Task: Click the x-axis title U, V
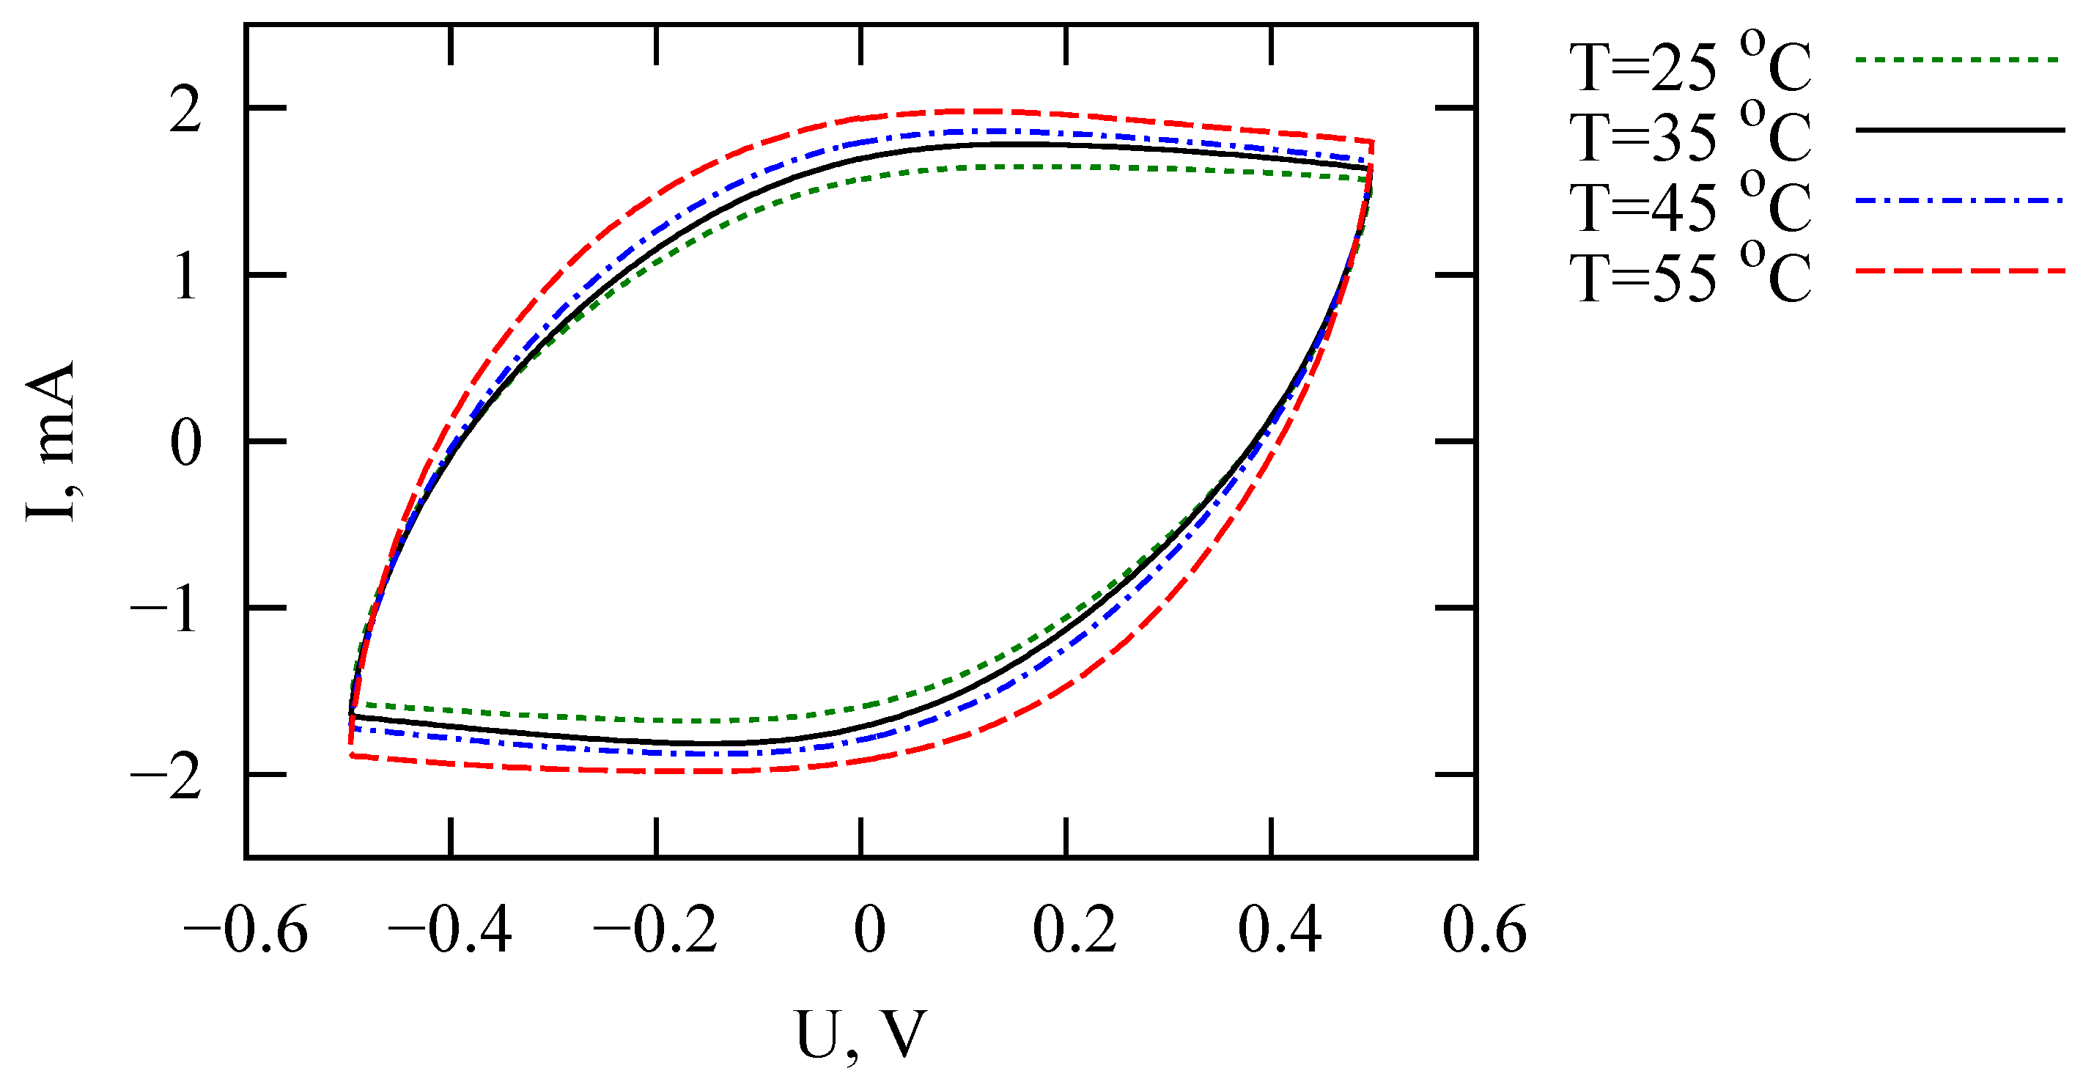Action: pos(860,1035)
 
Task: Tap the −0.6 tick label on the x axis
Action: pos(246,930)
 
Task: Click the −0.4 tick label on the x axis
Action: pos(451,930)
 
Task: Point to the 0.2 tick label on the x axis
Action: pos(1074,930)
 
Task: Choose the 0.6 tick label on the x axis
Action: pos(1485,930)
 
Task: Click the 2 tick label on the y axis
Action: pos(185,109)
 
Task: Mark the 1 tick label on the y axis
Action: pos(185,277)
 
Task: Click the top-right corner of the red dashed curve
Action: pos(1372,141)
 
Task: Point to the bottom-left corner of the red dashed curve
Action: pos(350,755)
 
